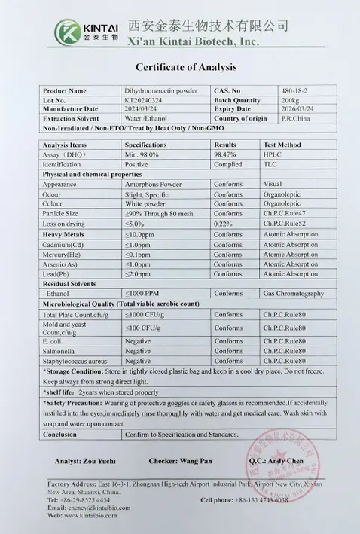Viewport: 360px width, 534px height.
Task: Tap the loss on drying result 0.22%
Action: click(x=223, y=224)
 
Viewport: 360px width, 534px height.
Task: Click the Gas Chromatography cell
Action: click(x=294, y=293)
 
